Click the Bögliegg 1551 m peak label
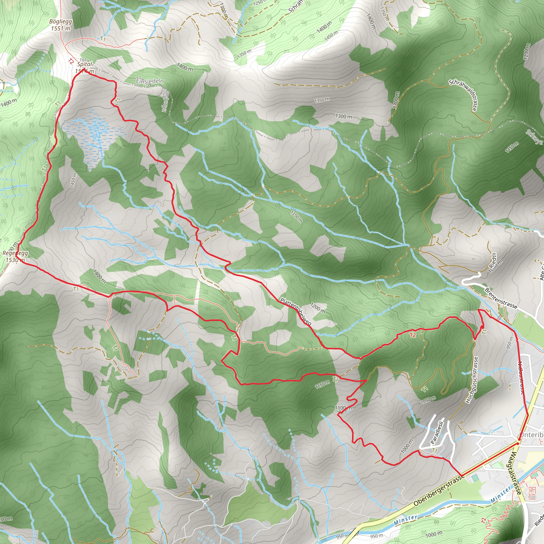tap(61, 25)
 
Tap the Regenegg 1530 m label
tap(15, 257)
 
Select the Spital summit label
tap(84, 64)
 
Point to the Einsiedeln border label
tap(150, 81)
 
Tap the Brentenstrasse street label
tap(501, 298)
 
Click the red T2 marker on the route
tap(413, 335)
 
